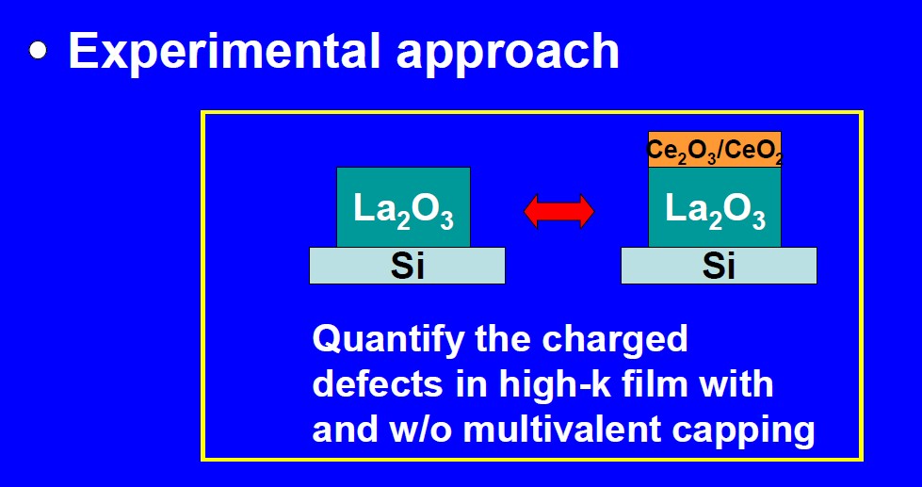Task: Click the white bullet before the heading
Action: [x=38, y=50]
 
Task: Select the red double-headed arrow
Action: [x=558, y=211]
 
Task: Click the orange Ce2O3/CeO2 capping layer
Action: [x=715, y=150]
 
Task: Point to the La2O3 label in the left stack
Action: [x=403, y=209]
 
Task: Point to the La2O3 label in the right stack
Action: [x=715, y=209]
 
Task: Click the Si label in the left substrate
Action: [x=407, y=266]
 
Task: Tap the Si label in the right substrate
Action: [x=719, y=266]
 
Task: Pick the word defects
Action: [x=377, y=383]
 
